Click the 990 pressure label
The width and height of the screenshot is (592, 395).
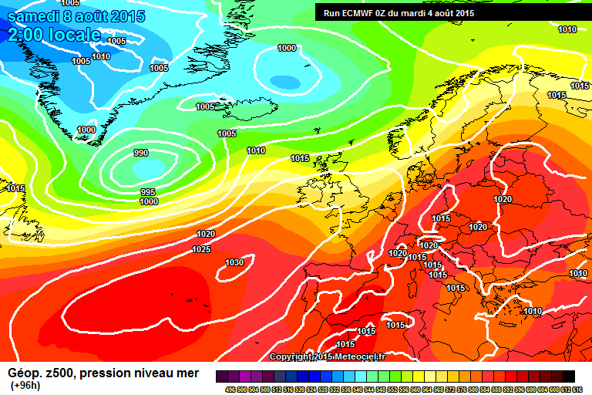141,153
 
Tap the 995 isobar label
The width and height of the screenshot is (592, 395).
148,192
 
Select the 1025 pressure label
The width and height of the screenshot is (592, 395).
201,249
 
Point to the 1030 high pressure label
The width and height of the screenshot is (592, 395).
234,262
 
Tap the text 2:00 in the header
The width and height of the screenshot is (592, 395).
23,35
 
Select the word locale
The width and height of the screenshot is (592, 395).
73,35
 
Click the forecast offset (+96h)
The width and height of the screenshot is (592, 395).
25,385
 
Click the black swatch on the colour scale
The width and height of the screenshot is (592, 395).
569,376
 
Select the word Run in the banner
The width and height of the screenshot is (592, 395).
331,13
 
